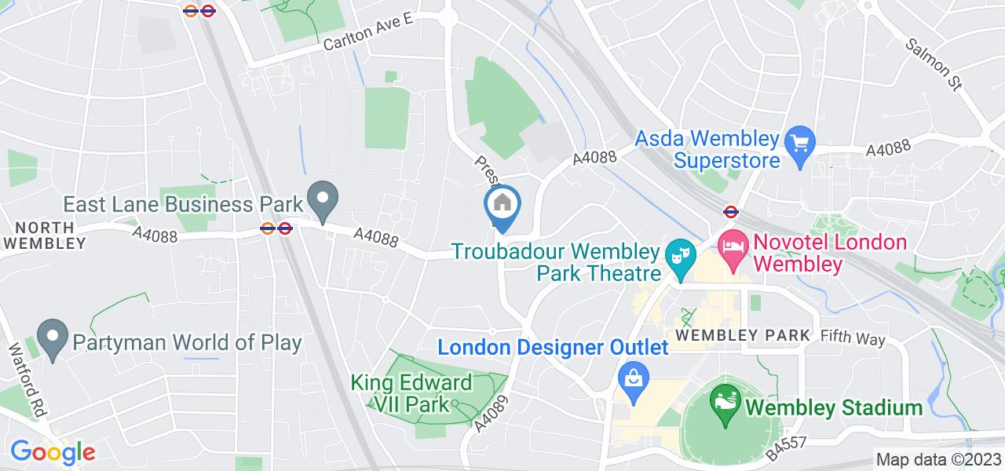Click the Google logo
pos(53,452)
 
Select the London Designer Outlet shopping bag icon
pos(631,374)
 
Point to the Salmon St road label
pos(934,64)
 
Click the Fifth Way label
pos(853,339)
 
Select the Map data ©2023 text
pos(939,460)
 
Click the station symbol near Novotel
pos(730,210)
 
